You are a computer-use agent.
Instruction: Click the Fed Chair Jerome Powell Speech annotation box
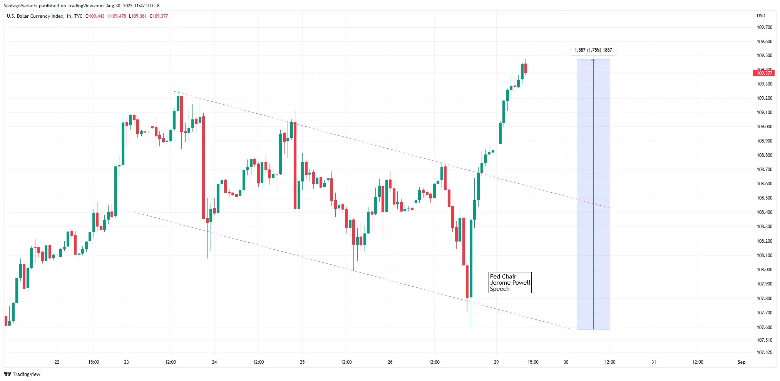[510, 283]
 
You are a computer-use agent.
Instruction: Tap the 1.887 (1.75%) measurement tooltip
[593, 50]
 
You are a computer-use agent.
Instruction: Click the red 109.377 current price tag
[764, 73]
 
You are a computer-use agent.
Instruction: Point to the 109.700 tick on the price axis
[764, 27]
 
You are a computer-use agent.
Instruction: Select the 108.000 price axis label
[764, 270]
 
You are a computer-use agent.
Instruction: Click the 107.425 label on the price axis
[764, 352]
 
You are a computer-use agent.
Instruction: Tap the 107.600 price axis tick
[764, 327]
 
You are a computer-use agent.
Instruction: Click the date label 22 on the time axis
[57, 362]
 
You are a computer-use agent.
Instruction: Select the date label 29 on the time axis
[496, 362]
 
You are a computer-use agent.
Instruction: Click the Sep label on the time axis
[741, 362]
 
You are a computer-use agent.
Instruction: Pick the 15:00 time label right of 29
[533, 362]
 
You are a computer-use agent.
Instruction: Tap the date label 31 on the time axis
[654, 362]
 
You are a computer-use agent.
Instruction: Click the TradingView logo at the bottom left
[22, 374]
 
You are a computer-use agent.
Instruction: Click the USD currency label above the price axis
[761, 16]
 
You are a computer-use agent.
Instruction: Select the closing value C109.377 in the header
[159, 16]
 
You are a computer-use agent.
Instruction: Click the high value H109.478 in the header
[117, 16]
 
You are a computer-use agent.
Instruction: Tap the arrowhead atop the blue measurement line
[593, 60]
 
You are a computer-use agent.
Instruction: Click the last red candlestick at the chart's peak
[526, 68]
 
